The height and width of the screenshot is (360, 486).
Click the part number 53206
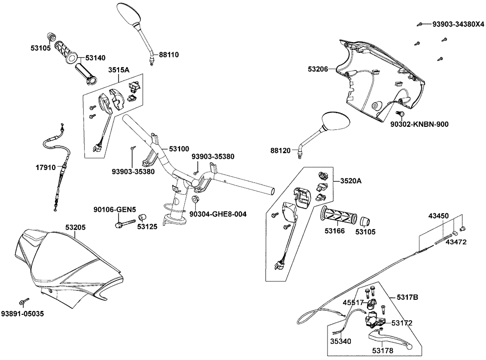tap(317, 70)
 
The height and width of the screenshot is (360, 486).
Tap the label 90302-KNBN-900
tap(419, 124)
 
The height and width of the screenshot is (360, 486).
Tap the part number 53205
tap(76, 227)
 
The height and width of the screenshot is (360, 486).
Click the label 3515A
tap(119, 69)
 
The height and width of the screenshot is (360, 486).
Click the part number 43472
tap(456, 241)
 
